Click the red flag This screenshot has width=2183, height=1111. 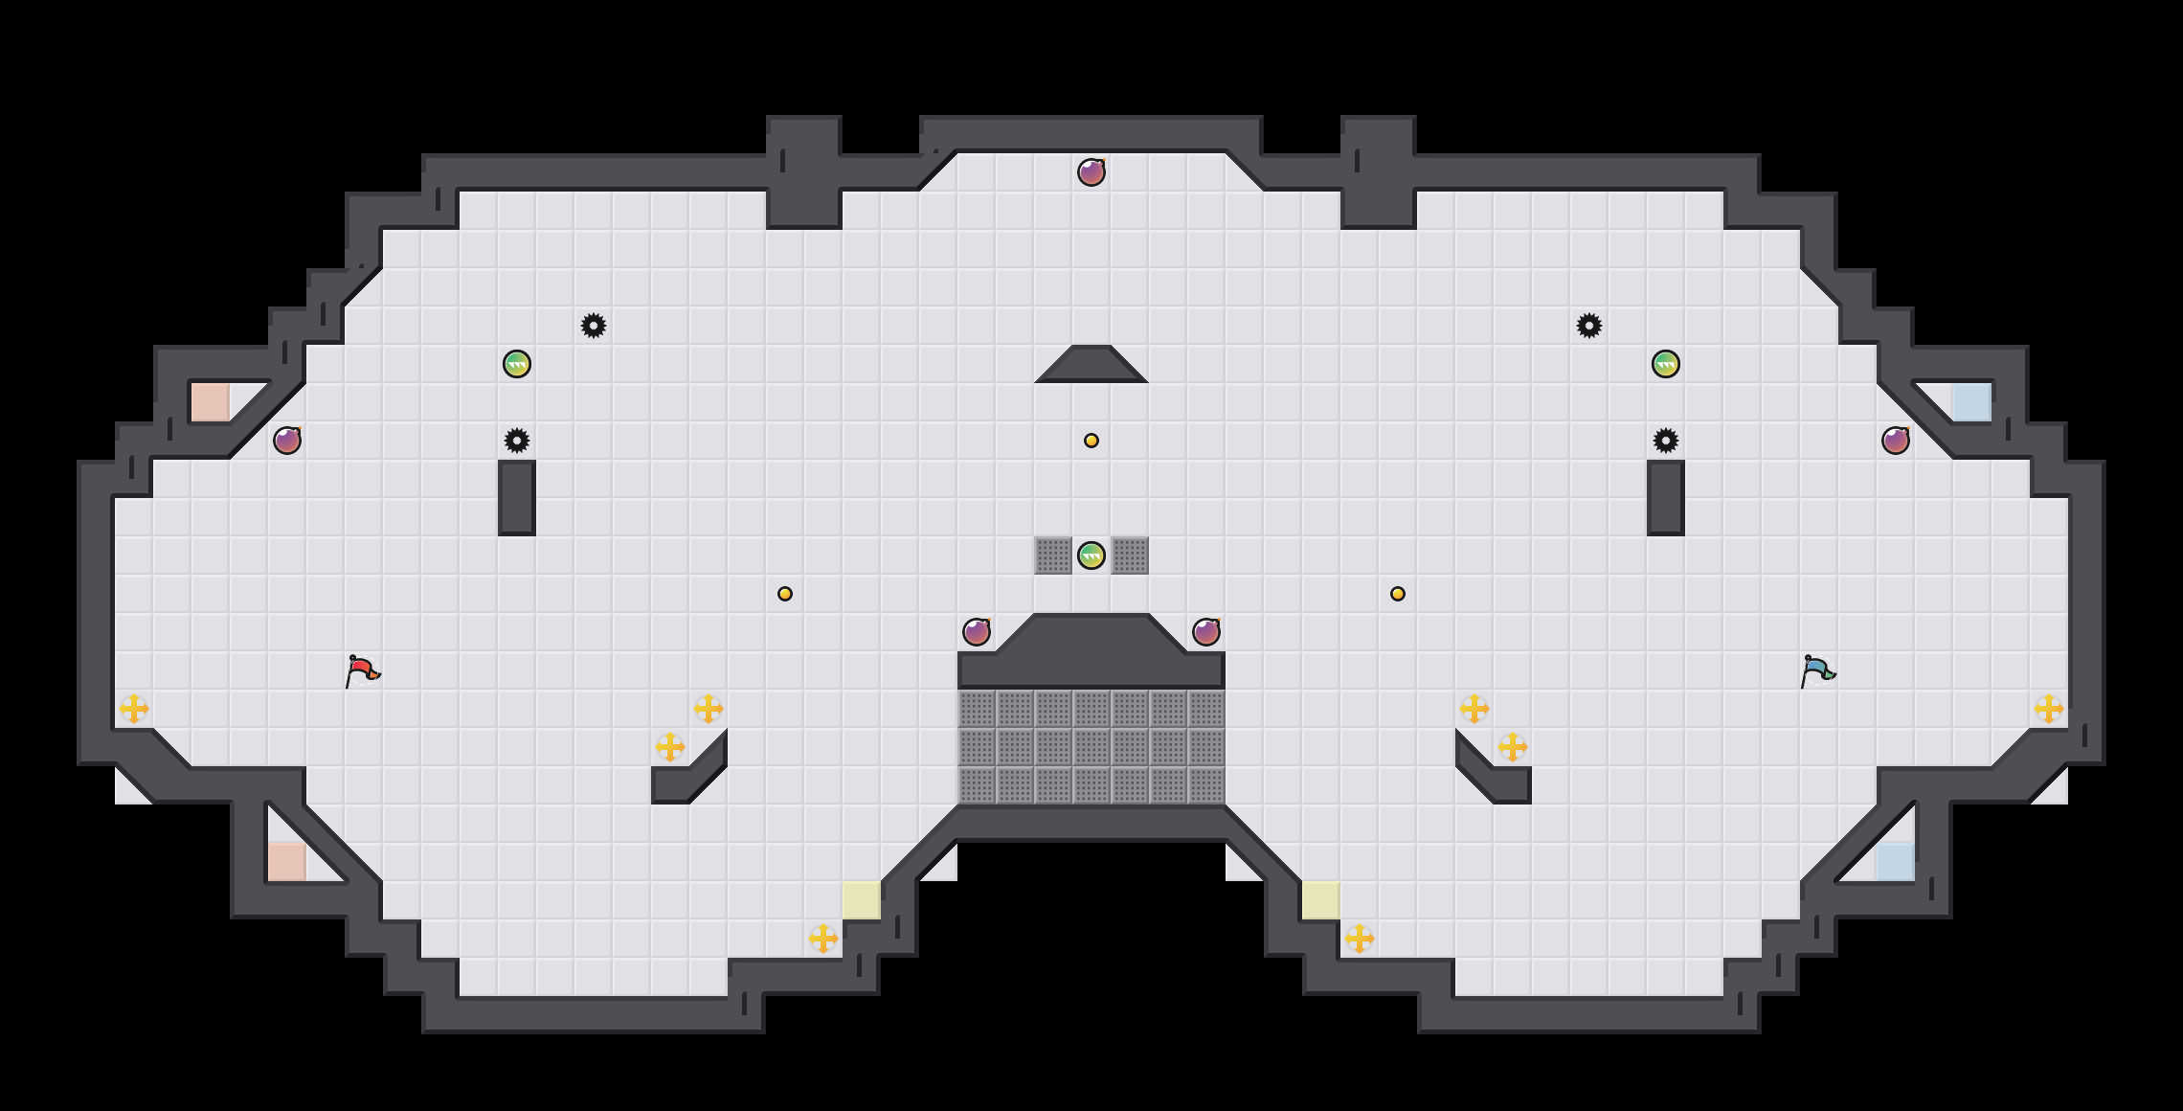(x=362, y=670)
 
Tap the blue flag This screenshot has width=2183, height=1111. (x=1816, y=670)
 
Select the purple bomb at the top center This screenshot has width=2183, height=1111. (x=1091, y=172)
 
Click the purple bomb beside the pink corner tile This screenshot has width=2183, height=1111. (x=287, y=441)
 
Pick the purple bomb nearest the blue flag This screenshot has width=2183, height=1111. (x=1896, y=441)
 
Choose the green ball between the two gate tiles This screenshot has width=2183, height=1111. (x=1091, y=555)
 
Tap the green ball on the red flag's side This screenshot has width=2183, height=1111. (x=517, y=364)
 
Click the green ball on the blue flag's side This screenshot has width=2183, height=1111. (x=1666, y=364)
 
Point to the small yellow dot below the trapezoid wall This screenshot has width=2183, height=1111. (x=1091, y=441)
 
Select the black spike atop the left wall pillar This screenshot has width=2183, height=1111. (x=517, y=441)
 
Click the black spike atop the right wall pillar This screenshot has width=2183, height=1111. (x=1666, y=441)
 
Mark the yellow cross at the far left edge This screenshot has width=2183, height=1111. (x=134, y=709)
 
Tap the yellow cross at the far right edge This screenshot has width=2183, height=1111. (x=2049, y=709)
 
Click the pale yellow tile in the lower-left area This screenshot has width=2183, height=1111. (x=862, y=900)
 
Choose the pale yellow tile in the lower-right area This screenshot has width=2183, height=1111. (x=1321, y=900)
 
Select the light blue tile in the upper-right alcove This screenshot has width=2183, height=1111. (x=1972, y=402)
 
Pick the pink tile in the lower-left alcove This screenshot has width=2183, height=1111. (x=287, y=862)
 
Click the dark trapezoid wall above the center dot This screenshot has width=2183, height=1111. (x=1091, y=365)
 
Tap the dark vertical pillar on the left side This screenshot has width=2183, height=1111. (x=517, y=497)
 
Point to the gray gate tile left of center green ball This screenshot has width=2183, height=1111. (x=1053, y=555)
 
